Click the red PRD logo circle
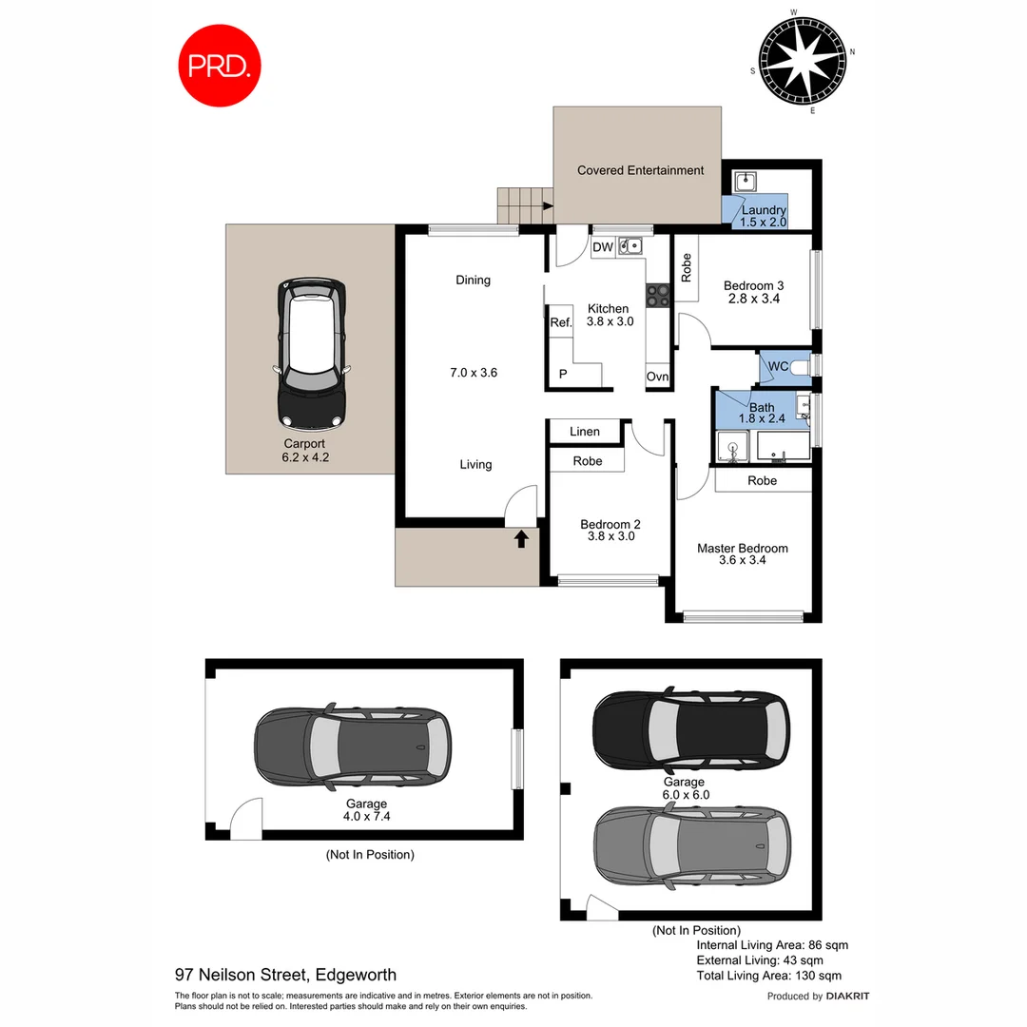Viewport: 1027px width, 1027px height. click(221, 66)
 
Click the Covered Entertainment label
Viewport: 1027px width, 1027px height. click(640, 170)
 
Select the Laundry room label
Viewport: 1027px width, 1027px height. click(764, 210)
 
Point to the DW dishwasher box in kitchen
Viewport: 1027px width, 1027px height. click(603, 248)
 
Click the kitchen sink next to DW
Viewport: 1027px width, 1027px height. click(630, 247)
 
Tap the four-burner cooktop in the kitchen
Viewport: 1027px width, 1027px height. click(658, 296)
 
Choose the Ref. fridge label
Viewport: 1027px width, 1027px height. click(561, 322)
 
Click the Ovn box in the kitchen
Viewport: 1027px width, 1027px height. click(657, 377)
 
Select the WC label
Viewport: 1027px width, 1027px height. click(778, 366)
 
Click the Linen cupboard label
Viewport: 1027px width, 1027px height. click(585, 432)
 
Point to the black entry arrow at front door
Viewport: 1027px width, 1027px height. click(521, 540)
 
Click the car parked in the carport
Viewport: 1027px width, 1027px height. click(311, 352)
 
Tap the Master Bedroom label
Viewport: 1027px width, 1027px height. click(742, 548)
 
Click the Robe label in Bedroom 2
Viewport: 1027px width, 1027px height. click(588, 461)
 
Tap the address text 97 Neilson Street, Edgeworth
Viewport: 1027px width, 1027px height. click(285, 975)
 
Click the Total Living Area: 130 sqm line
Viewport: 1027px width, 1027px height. click(768, 976)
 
